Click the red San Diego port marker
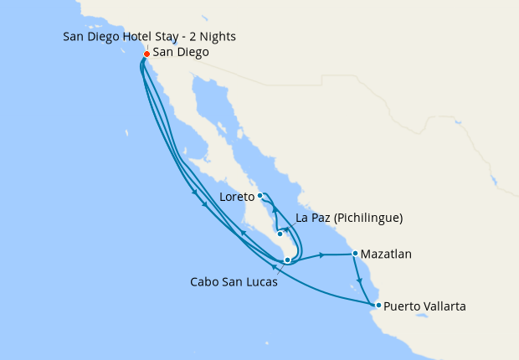coord(146,54)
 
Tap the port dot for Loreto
coord(260,196)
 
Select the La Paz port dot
coord(280,234)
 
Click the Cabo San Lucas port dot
coord(287,260)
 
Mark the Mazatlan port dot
coord(355,253)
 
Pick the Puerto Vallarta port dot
coord(378,305)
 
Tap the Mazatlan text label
coord(388,254)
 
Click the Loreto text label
coord(237,198)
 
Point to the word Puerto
coord(405,307)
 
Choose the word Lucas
coord(260,282)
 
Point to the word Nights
coord(218,37)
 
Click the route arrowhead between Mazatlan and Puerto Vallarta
coord(361,280)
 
